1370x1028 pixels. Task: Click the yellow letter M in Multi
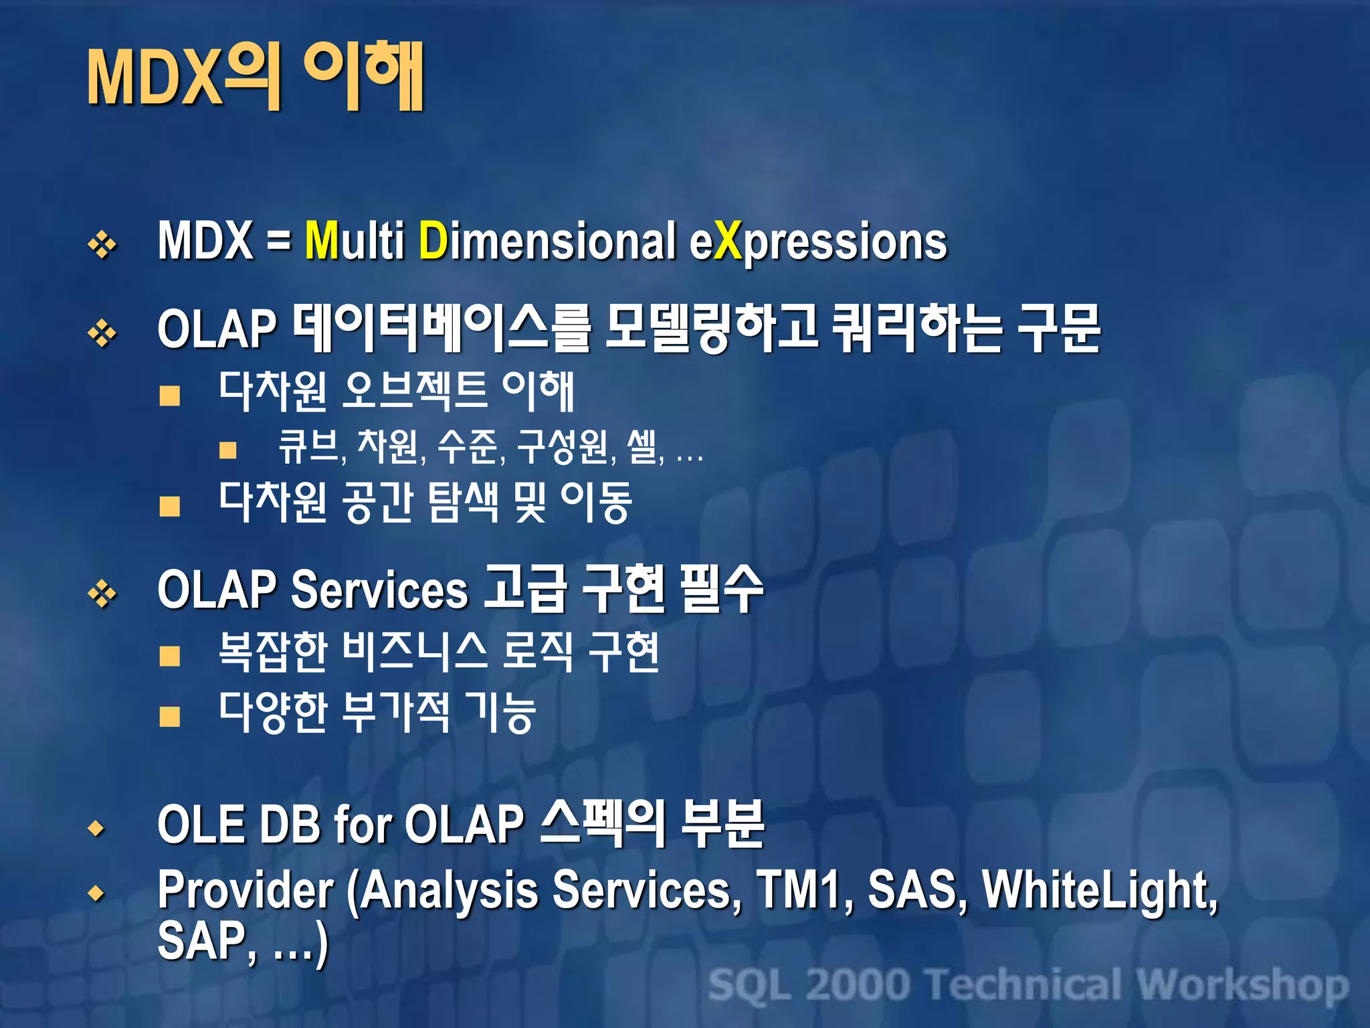click(322, 240)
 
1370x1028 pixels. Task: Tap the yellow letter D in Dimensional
click(433, 240)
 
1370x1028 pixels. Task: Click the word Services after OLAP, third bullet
click(379, 590)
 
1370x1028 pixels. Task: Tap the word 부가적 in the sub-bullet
click(395, 712)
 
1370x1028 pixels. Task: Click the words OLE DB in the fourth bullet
click(238, 825)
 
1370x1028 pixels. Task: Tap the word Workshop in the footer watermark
click(1242, 985)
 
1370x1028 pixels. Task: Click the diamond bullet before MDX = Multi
click(102, 244)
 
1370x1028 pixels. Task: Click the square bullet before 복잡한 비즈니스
click(170, 656)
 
